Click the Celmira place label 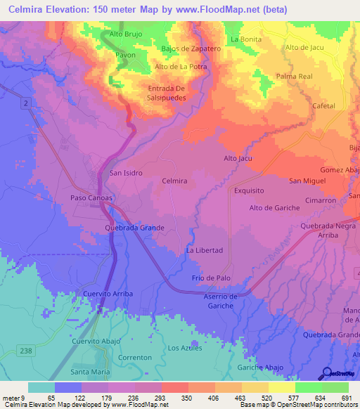(174, 181)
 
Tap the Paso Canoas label (91, 197)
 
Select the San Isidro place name (127, 172)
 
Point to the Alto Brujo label (127, 34)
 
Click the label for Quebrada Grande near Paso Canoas (134, 228)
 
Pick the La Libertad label (204, 250)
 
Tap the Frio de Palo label (211, 278)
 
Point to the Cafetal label (324, 105)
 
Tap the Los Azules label (185, 348)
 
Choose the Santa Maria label (90, 372)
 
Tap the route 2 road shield (25, 104)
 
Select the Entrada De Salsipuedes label (166, 93)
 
